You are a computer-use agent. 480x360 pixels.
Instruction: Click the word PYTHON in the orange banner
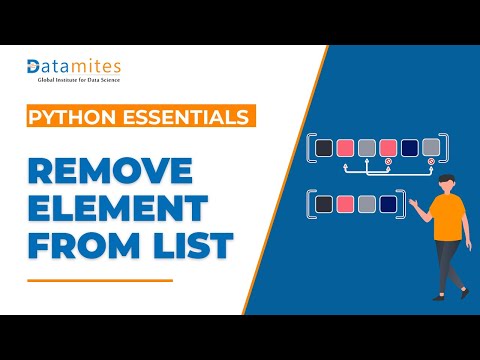(x=72, y=117)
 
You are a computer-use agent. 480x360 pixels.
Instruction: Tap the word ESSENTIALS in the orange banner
(x=186, y=117)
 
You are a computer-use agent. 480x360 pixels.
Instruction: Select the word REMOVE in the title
(x=110, y=170)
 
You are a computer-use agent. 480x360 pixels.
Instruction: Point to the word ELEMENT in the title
(x=118, y=208)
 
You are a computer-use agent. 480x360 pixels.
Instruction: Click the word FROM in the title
(x=84, y=245)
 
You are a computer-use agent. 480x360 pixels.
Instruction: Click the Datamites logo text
(x=74, y=67)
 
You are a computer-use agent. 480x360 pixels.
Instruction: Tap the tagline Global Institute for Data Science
(x=79, y=80)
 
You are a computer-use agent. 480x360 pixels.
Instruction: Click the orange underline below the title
(x=100, y=281)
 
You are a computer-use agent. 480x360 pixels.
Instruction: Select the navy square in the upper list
(x=410, y=148)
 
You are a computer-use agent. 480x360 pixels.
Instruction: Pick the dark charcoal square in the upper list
(x=324, y=148)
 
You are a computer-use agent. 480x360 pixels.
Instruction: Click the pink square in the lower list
(x=345, y=204)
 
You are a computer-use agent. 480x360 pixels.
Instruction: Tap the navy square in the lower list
(x=388, y=204)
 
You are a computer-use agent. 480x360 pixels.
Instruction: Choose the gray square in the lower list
(x=367, y=204)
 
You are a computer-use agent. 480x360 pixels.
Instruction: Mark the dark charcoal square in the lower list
(x=324, y=204)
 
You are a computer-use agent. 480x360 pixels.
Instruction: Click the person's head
(x=447, y=183)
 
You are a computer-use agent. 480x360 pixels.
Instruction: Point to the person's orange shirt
(x=448, y=217)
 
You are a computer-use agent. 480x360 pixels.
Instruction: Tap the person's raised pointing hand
(x=414, y=203)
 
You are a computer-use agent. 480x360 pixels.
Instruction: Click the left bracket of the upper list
(x=310, y=148)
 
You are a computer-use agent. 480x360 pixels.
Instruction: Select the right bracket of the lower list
(x=402, y=204)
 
